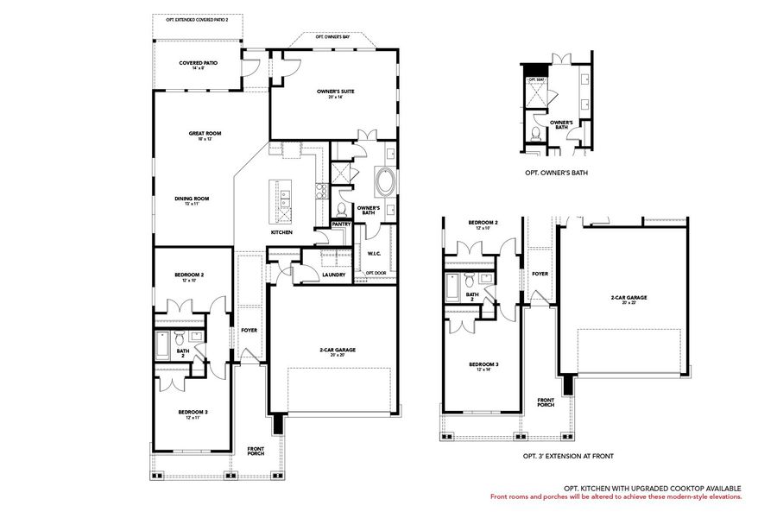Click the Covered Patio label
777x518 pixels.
(x=198, y=63)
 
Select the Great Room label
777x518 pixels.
(x=205, y=134)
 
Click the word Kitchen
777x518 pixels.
(x=281, y=232)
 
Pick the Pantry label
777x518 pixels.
(x=341, y=224)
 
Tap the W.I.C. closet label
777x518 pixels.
(x=375, y=254)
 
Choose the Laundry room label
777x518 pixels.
(x=333, y=275)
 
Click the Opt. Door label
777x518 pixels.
(x=375, y=273)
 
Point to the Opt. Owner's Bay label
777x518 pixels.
(x=332, y=38)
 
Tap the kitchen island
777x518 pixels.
(x=281, y=199)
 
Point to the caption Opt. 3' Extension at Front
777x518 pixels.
(x=568, y=455)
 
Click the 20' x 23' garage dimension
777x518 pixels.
(x=629, y=303)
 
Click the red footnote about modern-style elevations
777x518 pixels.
(x=616, y=496)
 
